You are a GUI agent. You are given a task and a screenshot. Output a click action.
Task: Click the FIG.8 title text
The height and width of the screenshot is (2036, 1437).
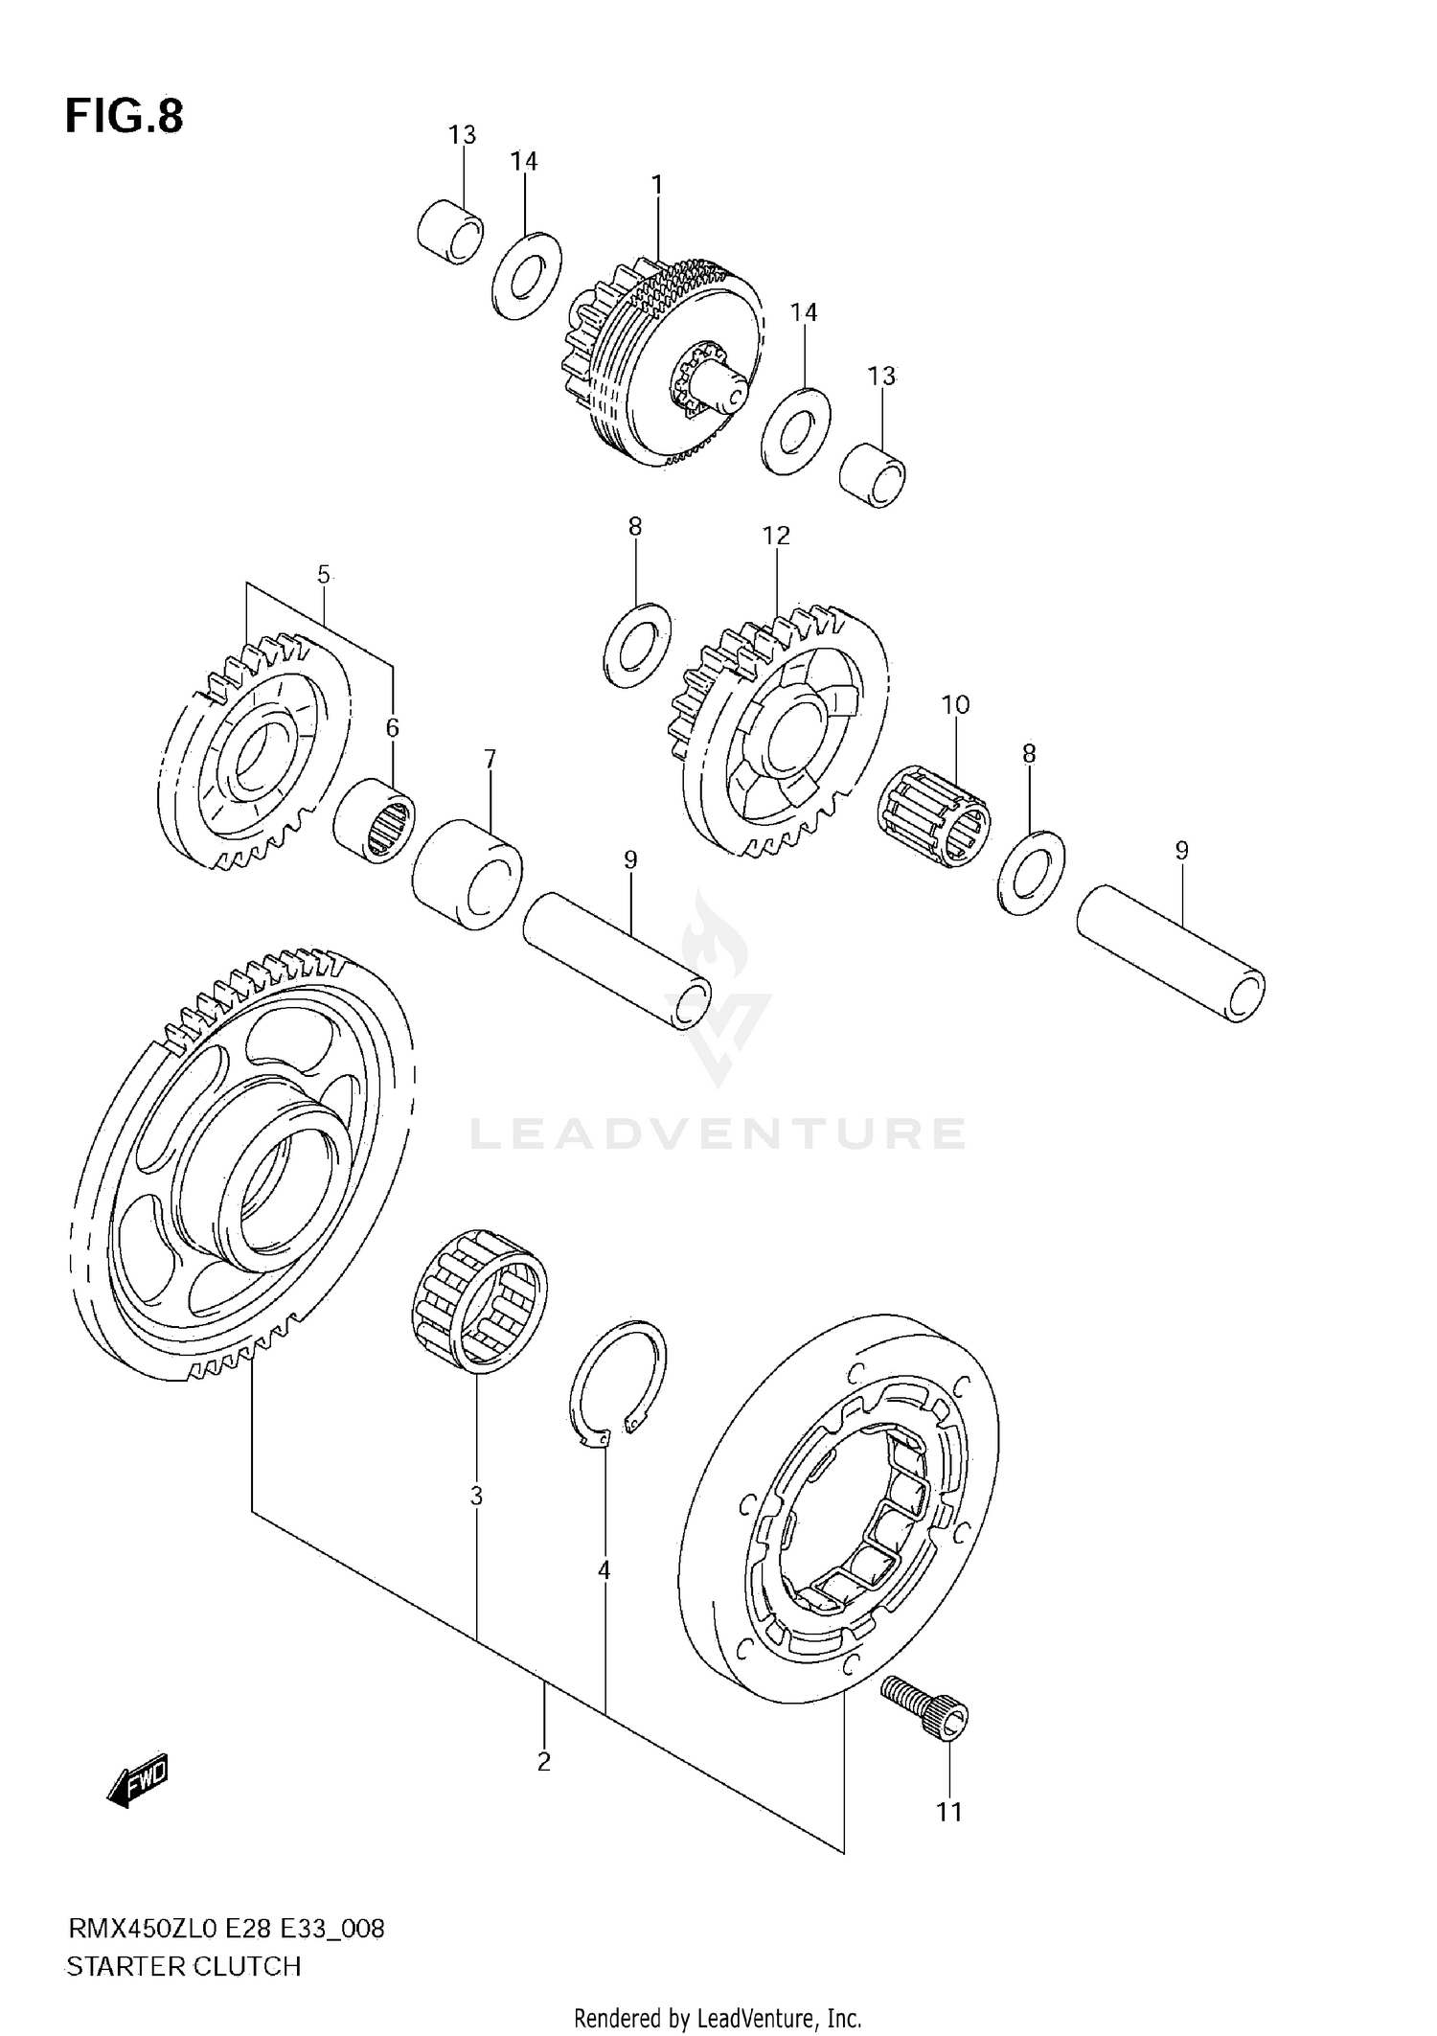click(124, 116)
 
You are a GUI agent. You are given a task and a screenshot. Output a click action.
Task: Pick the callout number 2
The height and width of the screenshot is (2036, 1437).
click(543, 1761)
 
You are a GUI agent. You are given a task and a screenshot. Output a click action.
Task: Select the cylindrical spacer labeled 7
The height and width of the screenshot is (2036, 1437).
click(468, 874)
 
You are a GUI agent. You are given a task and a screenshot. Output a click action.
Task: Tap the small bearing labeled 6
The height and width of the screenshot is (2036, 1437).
click(375, 820)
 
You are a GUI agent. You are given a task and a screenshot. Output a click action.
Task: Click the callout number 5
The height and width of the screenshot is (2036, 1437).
click(323, 575)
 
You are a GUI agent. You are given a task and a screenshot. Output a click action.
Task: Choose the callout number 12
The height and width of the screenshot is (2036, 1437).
click(776, 536)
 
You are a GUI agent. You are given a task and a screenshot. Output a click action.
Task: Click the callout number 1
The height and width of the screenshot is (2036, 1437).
click(657, 185)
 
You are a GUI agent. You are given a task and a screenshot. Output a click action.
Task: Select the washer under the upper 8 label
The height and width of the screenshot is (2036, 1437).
click(637, 645)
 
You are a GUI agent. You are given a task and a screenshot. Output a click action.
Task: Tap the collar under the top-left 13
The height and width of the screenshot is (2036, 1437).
click(450, 232)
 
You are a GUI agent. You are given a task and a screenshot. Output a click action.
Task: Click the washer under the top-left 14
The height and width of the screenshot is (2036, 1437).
click(527, 276)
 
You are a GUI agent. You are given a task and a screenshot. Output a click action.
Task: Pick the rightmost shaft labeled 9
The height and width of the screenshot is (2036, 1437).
click(1171, 954)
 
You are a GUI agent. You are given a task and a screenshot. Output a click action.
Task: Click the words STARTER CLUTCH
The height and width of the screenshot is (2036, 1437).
click(183, 1967)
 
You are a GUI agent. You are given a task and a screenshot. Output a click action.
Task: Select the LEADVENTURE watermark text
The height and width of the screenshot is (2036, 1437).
click(717, 1133)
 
